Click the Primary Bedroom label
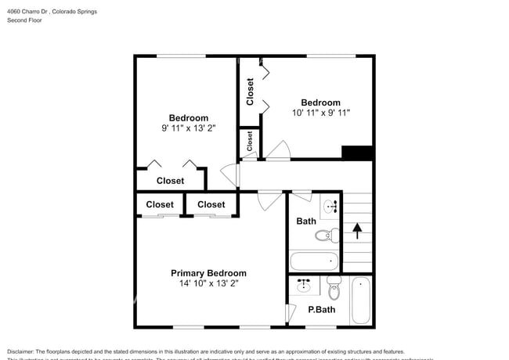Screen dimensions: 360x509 coord(208,273)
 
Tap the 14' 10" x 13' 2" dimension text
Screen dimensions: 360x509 coord(208,284)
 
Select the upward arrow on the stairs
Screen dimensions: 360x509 coord(357,231)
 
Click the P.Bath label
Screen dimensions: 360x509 coord(322,310)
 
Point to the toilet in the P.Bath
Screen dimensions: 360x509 coord(334,290)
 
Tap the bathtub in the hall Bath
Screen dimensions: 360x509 coord(313,261)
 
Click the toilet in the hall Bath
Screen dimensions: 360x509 coord(326,235)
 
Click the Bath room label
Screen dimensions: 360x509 coord(306,221)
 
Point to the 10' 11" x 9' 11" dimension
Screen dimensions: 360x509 coord(321,113)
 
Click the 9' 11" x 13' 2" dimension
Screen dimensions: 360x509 coord(183,128)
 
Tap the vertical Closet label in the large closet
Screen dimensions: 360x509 coord(250,92)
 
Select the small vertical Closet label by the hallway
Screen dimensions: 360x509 coord(250,141)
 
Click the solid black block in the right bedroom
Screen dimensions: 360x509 coord(357,153)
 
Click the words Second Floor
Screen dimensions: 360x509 coord(25,20)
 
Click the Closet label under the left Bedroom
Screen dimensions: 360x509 coord(170,181)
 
